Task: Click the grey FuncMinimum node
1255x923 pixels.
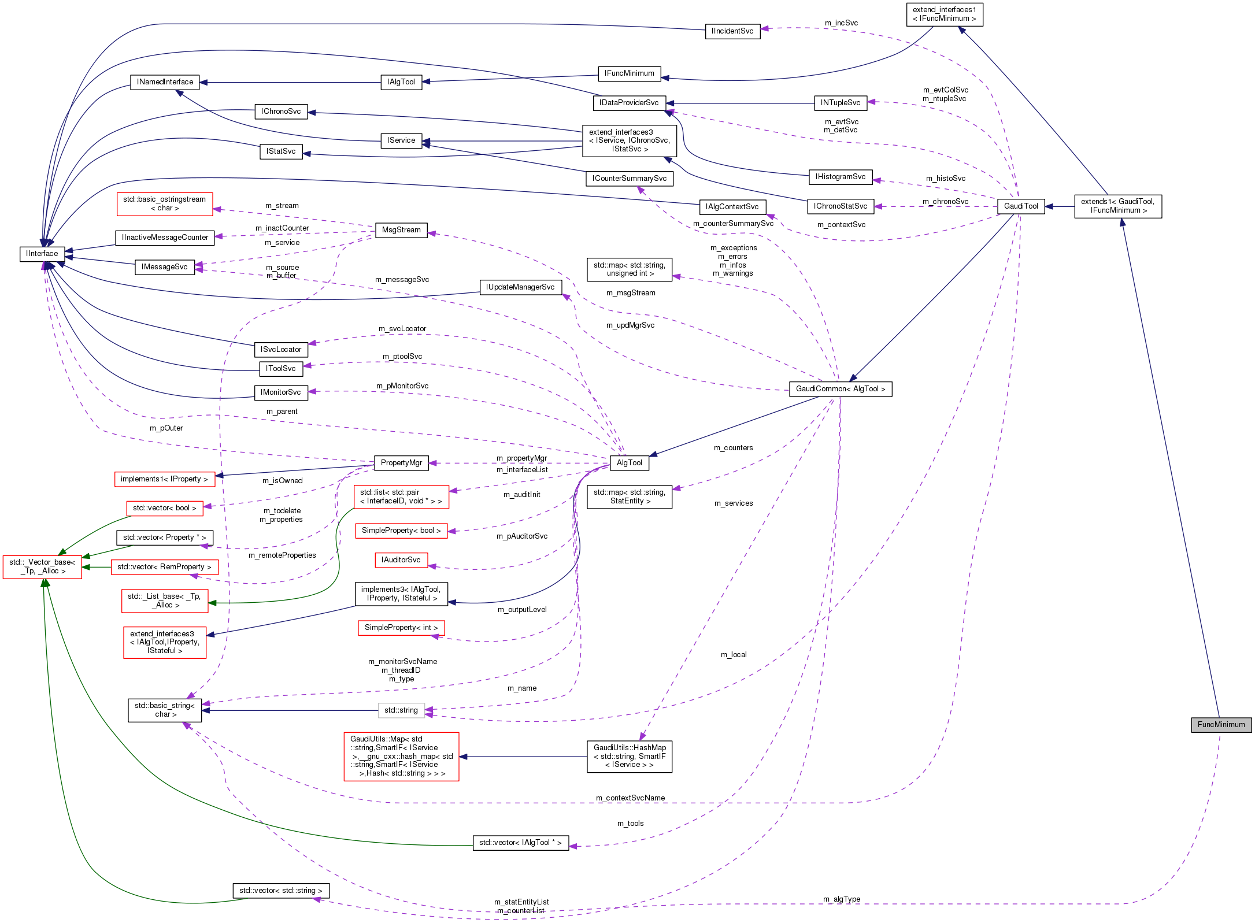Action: (1221, 725)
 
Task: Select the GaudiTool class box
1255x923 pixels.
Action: (1021, 206)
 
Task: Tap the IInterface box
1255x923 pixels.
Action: (42, 254)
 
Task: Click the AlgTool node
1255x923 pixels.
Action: (629, 463)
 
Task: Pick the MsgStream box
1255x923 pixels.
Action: (401, 230)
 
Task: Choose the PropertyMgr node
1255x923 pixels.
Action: (401, 463)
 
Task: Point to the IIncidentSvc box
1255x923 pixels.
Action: (732, 31)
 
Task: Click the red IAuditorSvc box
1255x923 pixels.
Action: (401, 560)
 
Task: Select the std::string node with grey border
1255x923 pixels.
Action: (401, 710)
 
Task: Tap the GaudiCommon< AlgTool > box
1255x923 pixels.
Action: (841, 389)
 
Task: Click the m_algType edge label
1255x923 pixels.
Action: (842, 899)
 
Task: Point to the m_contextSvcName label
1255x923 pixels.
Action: (630, 798)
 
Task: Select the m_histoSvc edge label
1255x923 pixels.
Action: (945, 179)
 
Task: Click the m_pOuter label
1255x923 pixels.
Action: (166, 428)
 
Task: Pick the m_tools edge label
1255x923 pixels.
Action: (630, 824)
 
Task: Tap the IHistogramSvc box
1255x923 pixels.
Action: (840, 177)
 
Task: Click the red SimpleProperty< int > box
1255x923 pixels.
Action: (401, 628)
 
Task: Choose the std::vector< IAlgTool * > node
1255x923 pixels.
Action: (520, 843)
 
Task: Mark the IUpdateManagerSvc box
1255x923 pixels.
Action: (520, 287)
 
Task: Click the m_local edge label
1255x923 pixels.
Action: (734, 655)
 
